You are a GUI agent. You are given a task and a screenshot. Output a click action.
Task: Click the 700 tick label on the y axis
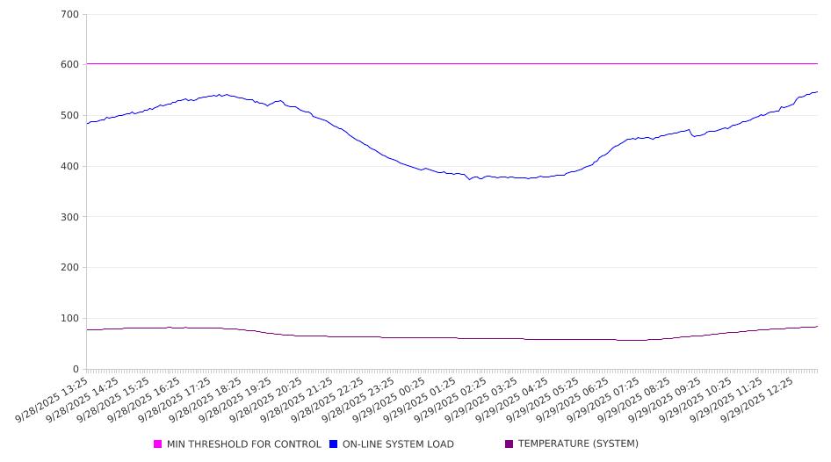70,15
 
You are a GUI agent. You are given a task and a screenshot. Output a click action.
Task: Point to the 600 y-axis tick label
70,65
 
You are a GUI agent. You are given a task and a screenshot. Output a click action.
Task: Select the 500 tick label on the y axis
70,116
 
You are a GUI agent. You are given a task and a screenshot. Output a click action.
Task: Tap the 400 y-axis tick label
70,167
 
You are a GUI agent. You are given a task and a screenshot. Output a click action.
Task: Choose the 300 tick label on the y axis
70,217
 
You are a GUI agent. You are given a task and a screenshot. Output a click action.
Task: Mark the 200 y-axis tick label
70,268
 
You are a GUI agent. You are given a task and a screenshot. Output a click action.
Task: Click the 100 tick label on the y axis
70,319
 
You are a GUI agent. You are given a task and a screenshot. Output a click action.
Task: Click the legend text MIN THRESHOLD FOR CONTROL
243,444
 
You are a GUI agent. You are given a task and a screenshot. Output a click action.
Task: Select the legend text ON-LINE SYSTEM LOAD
398,444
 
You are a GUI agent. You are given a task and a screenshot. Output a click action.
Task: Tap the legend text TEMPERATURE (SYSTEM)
578,444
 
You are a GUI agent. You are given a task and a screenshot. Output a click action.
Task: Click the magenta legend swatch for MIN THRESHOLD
158,444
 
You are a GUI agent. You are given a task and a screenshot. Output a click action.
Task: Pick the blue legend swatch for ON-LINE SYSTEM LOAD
334,444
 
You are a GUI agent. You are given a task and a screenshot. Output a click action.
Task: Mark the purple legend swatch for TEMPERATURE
509,444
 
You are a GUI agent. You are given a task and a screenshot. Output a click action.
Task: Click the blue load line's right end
817,91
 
